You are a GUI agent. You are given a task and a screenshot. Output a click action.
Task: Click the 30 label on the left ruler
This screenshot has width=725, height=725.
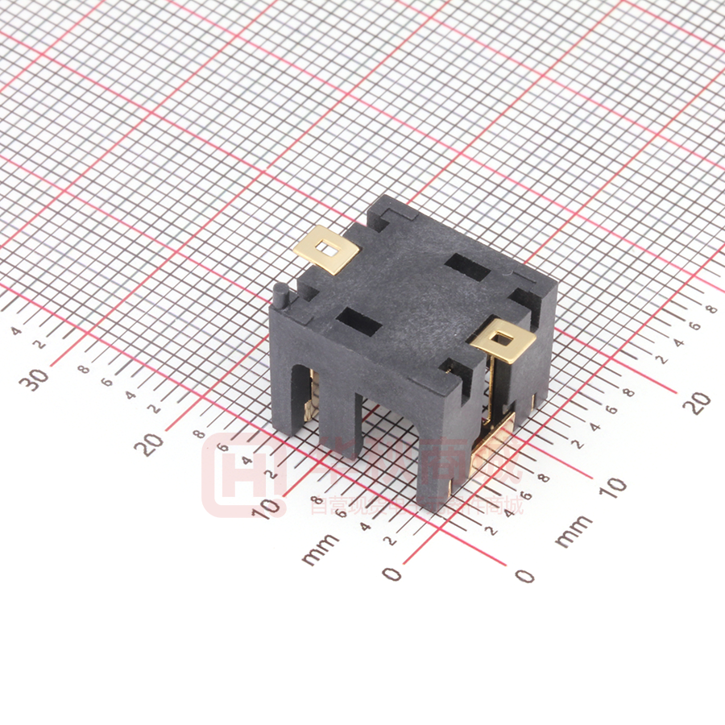point(38,376)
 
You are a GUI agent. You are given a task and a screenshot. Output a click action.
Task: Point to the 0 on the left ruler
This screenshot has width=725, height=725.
point(392,573)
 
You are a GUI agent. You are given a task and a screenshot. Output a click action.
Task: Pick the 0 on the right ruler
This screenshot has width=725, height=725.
point(524,575)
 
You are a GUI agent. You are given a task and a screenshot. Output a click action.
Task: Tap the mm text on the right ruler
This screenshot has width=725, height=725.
point(574,530)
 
